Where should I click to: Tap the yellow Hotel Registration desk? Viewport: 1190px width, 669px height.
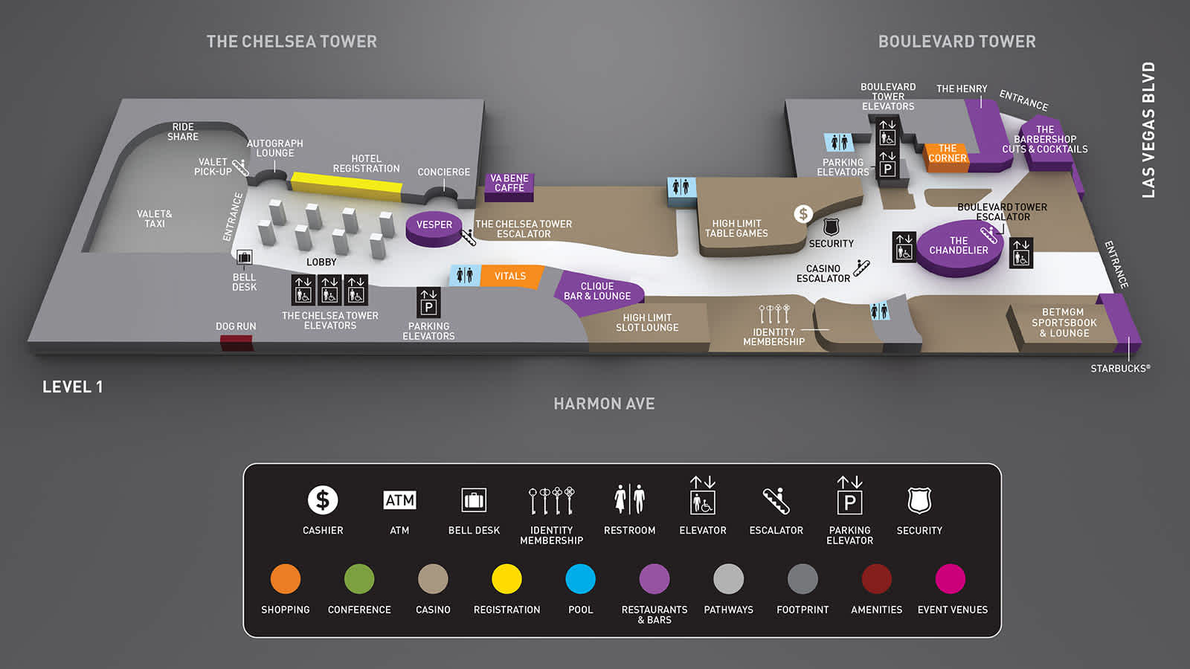coord(346,183)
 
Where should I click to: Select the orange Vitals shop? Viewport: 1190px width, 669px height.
coord(510,277)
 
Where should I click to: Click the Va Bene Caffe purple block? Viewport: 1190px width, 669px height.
coord(509,184)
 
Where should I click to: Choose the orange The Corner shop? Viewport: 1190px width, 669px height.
coord(947,154)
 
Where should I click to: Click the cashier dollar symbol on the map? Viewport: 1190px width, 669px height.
coord(803,214)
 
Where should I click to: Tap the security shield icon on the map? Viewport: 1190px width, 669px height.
coord(831,227)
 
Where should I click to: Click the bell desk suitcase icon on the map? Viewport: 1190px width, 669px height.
coord(244,258)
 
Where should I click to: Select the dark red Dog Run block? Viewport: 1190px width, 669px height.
coord(236,343)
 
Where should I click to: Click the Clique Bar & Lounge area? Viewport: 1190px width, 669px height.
coord(597,291)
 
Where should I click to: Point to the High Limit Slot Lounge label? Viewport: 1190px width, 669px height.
coord(647,323)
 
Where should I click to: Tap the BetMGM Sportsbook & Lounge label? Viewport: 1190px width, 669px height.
coord(1064,323)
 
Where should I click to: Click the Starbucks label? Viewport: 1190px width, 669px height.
coord(1120,369)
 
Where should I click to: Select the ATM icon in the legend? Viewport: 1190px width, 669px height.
coord(399,500)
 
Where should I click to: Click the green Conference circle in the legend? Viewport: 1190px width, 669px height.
coord(359,579)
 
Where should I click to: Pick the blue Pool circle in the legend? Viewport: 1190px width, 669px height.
coord(580,579)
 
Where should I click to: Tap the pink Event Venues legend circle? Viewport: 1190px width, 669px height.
coord(951,579)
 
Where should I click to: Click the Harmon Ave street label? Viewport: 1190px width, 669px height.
coord(604,404)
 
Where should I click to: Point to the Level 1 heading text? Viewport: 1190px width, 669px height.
coord(73,387)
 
